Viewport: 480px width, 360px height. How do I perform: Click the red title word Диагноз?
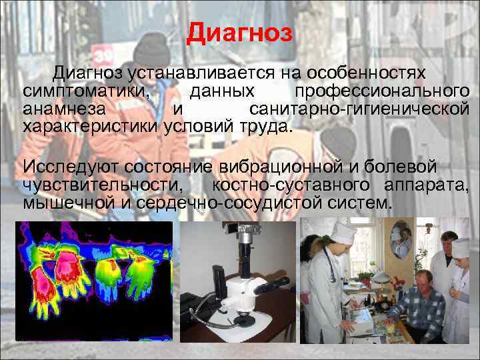tap(240, 33)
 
